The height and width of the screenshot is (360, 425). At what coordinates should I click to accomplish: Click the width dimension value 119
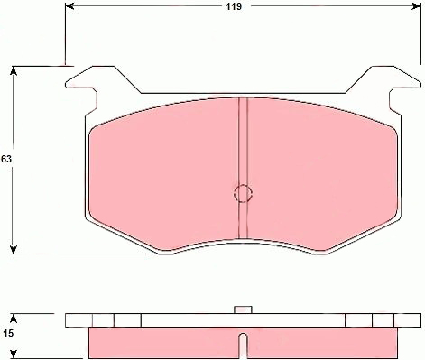[x=234, y=6]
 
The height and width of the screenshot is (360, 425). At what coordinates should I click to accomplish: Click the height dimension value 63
[x=6, y=159]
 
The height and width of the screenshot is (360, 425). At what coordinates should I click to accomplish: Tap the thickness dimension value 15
[x=8, y=333]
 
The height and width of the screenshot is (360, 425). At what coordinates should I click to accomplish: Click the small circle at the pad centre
[x=243, y=193]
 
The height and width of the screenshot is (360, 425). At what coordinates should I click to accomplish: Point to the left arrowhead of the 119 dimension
[x=69, y=5]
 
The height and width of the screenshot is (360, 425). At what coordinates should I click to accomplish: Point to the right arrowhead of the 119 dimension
[x=417, y=5]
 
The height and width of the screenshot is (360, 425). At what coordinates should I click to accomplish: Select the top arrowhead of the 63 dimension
[x=13, y=70]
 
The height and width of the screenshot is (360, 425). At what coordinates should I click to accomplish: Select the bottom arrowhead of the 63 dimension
[x=13, y=250]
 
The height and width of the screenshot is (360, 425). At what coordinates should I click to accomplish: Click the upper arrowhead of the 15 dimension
[x=13, y=318]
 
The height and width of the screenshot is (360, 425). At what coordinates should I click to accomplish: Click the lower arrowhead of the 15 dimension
[x=13, y=355]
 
